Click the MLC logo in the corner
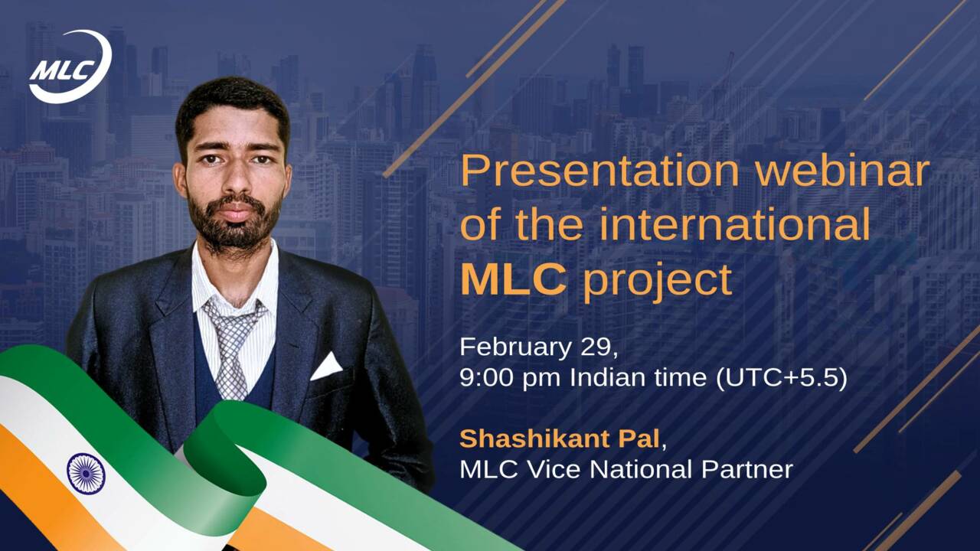click(70, 67)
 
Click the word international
click(735, 224)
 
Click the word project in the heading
click(658, 283)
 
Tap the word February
click(515, 348)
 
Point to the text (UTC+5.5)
click(782, 378)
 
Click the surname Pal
click(639, 439)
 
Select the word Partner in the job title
click(747, 470)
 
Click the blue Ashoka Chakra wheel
click(87, 474)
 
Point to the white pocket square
click(326, 367)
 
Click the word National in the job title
click(641, 470)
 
